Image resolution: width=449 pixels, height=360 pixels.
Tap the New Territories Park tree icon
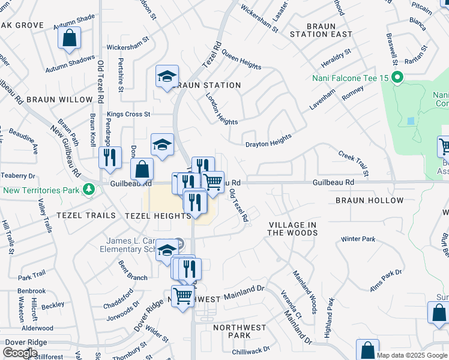pos(89,190)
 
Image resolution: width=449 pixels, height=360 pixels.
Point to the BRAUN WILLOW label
pos(59,100)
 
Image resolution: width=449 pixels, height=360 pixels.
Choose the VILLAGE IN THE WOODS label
pos(292,229)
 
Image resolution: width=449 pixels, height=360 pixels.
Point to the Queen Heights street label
pos(241,59)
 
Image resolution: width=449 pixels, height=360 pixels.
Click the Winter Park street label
pos(358,239)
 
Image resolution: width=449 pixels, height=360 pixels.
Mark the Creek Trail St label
pos(352,160)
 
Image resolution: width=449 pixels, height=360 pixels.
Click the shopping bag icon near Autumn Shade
pos(70,38)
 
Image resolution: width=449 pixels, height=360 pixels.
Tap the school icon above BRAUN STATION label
pos(167,76)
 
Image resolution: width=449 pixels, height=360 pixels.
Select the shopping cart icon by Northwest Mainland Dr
pos(182,295)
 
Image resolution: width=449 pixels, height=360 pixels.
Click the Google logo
pos(20,353)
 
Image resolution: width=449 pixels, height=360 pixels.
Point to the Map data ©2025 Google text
pos(412,355)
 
